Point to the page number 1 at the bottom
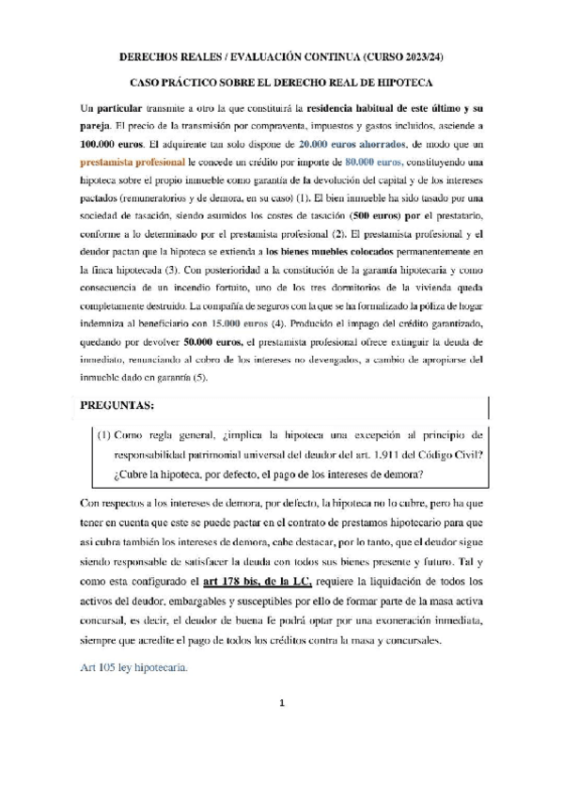[281, 729]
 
